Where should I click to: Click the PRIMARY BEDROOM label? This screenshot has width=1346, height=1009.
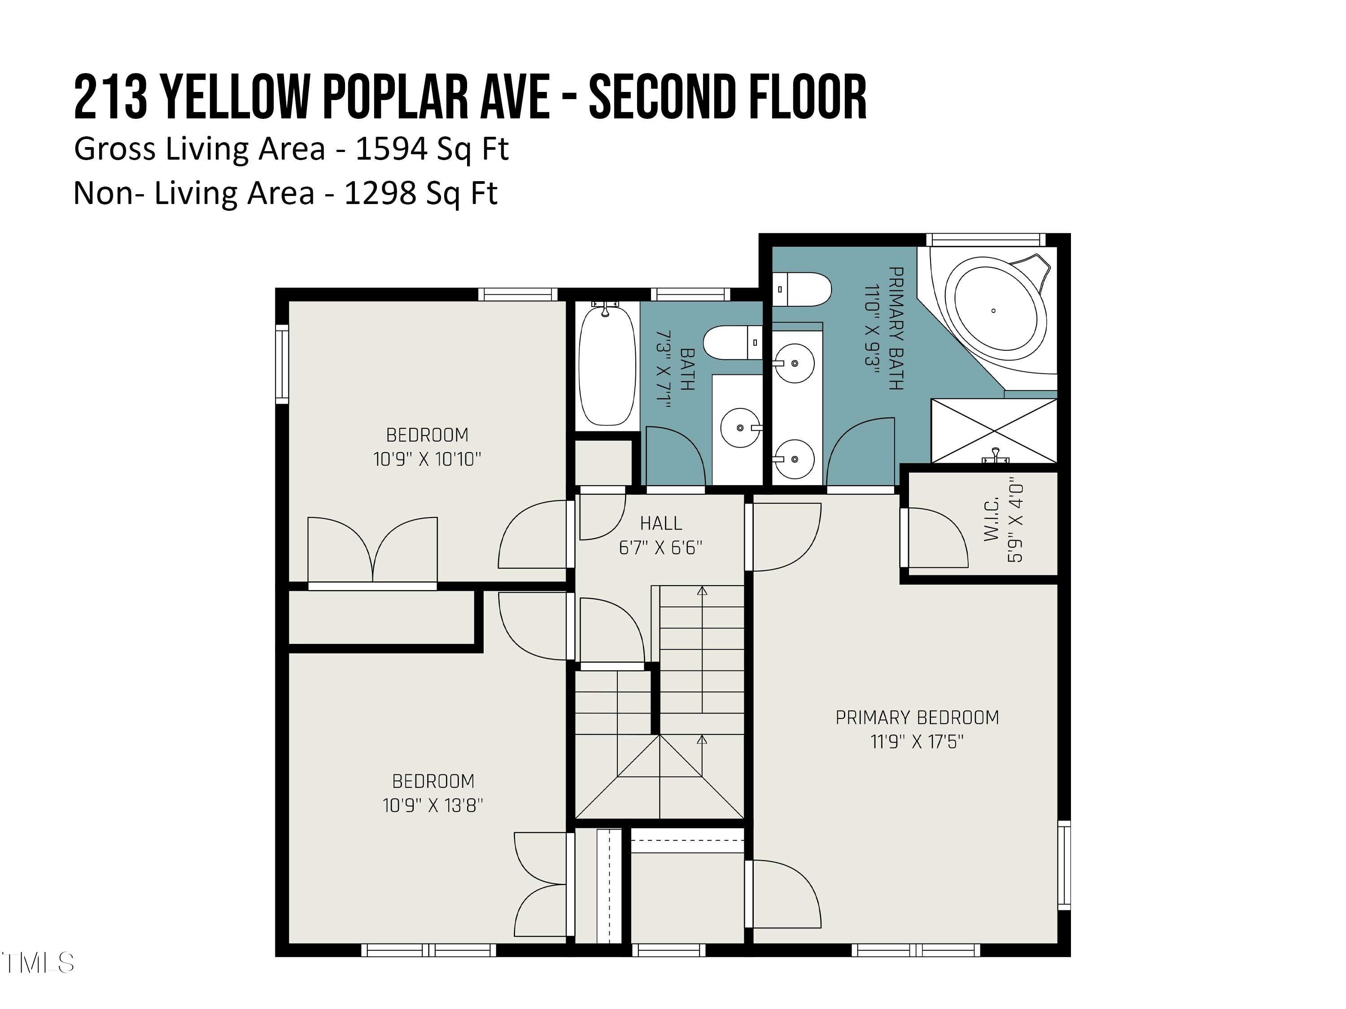pyautogui.click(x=917, y=718)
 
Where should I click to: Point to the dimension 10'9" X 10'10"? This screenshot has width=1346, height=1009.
pyautogui.click(x=427, y=459)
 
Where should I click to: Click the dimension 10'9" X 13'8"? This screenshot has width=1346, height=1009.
pyautogui.click(x=433, y=805)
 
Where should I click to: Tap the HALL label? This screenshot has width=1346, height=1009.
pyautogui.click(x=661, y=523)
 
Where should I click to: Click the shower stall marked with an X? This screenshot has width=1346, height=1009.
pyautogui.click(x=994, y=430)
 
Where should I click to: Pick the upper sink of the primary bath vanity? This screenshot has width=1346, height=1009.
pyautogui.click(x=794, y=363)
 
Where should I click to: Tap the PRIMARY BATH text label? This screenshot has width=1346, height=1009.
pyautogui.click(x=895, y=328)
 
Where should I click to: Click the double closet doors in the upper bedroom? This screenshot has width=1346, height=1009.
pyautogui.click(x=372, y=550)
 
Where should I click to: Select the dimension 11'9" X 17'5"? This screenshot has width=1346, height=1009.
pyautogui.click(x=917, y=742)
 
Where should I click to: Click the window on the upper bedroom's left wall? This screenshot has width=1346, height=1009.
pyautogui.click(x=282, y=364)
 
